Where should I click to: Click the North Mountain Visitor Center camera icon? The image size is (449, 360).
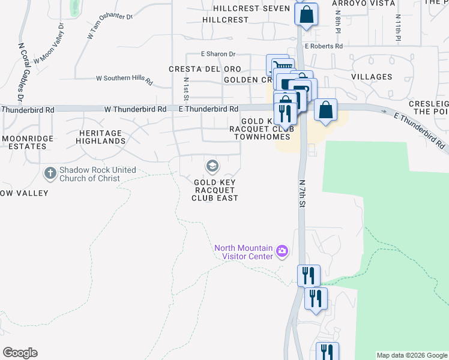point(282,252)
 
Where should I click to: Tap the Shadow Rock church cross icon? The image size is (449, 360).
point(50,173)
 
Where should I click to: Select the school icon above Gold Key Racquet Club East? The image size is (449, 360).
point(211,165)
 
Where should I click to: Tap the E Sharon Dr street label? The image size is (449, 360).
point(218,53)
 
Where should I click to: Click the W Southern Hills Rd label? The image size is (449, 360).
point(124,78)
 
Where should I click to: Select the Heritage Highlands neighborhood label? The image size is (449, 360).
point(101,137)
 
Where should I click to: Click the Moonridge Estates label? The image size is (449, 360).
point(25,142)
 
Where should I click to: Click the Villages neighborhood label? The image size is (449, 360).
point(372,77)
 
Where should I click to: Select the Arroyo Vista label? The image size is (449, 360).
point(364,4)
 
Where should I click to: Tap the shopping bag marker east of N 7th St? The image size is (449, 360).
point(325,110)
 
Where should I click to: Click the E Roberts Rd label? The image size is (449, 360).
point(324,46)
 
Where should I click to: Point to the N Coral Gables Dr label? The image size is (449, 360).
point(20,71)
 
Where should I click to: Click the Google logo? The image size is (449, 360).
point(20,353)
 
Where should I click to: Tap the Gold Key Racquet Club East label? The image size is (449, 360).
point(215,190)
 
